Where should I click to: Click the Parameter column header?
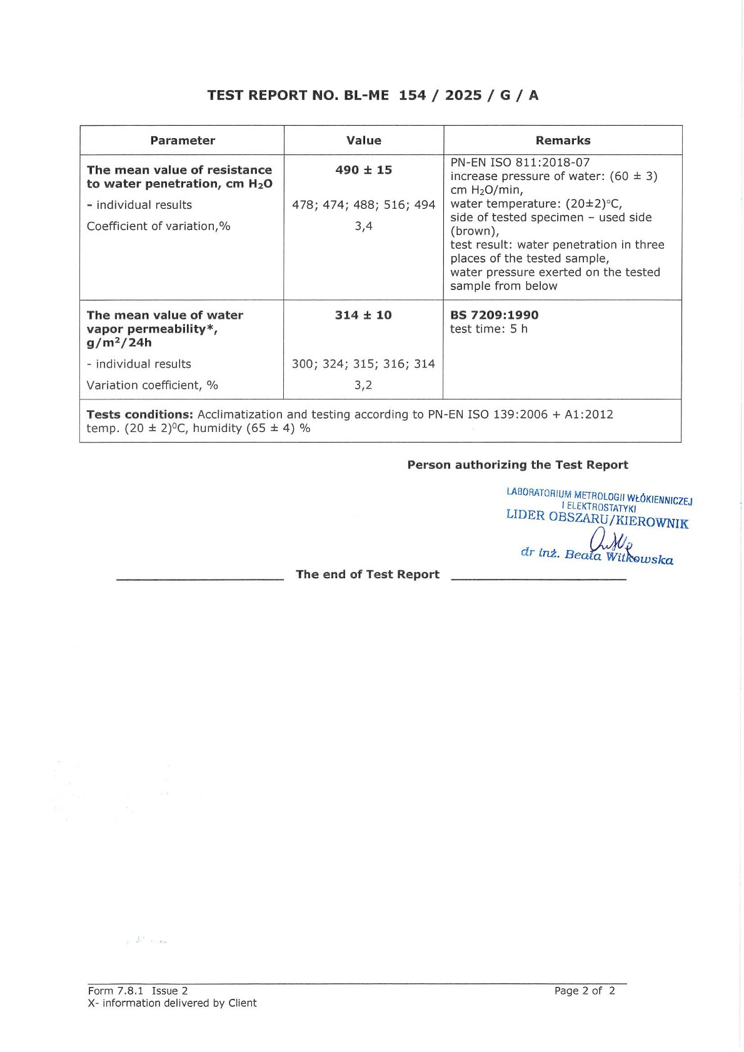tap(183, 141)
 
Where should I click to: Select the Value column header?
tap(364, 141)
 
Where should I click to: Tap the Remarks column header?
tap(563, 141)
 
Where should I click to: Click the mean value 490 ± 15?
tap(364, 170)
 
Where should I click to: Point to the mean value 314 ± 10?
tap(363, 315)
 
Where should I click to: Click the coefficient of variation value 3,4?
tap(364, 226)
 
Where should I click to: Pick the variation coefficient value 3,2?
tap(363, 385)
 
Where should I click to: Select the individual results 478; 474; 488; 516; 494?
tap(364, 205)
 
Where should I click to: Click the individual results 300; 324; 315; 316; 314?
tap(363, 364)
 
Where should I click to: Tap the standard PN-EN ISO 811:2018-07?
tap(520, 163)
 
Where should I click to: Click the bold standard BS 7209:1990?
tap(494, 315)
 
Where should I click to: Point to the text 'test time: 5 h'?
tap(489, 329)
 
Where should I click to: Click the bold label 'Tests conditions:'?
tap(140, 414)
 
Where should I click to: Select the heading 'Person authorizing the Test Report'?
tap(518, 465)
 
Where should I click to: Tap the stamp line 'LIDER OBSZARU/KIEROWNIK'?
tap(597, 519)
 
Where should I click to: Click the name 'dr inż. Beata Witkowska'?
tap(597, 556)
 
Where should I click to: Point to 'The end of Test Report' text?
tap(368, 574)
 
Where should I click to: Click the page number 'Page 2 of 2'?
tap(585, 991)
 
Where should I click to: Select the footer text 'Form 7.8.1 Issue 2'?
tap(138, 991)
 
